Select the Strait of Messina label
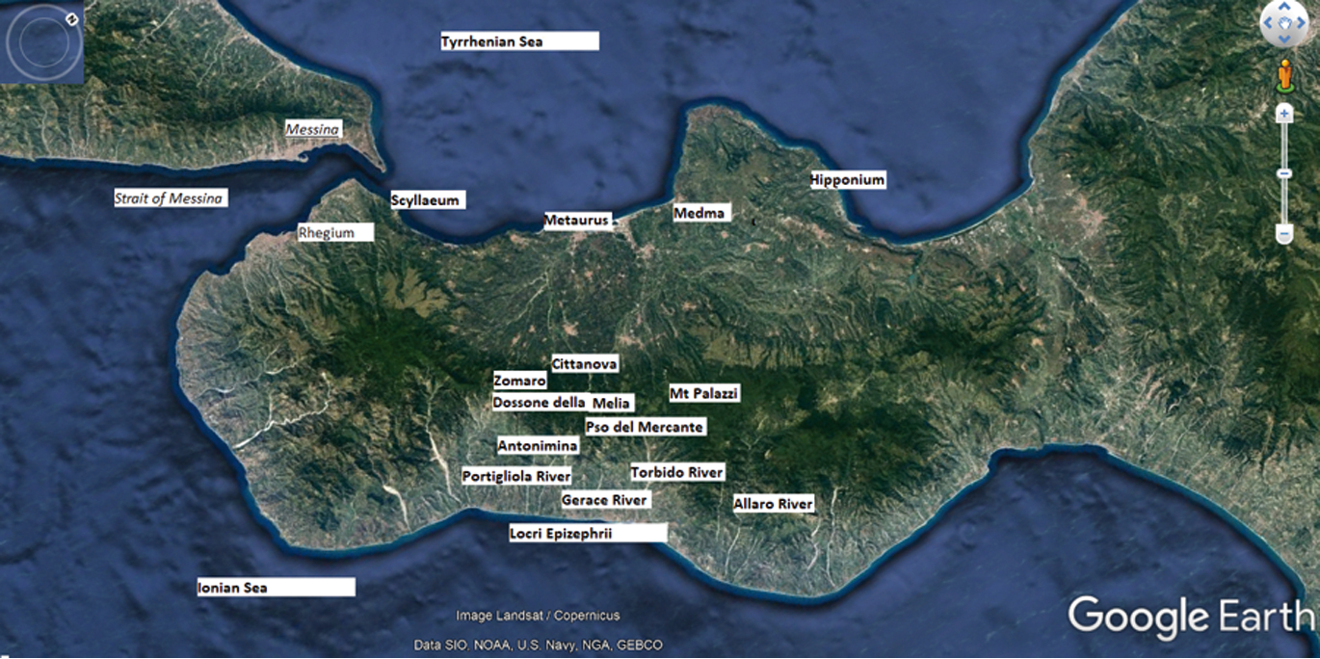click(x=170, y=198)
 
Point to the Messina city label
click(x=313, y=129)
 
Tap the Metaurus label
click(x=577, y=221)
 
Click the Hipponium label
click(x=847, y=180)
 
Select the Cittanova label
click(x=585, y=363)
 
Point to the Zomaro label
click(x=520, y=381)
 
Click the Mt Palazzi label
click(x=704, y=393)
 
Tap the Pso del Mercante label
click(x=645, y=426)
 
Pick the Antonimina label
click(x=538, y=446)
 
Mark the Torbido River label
click(x=676, y=472)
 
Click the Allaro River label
click(x=774, y=504)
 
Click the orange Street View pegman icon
click(x=1283, y=74)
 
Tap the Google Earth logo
click(x=1191, y=618)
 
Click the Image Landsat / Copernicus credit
click(x=538, y=616)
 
